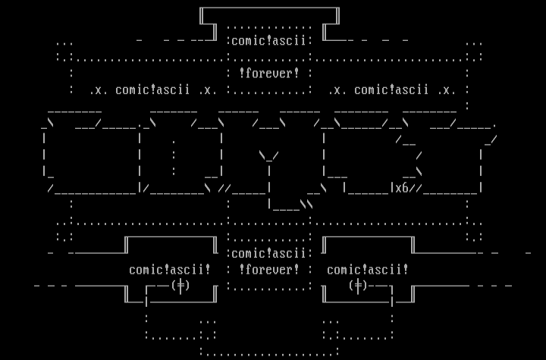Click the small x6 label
(401, 188)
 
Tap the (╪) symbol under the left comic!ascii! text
(180, 286)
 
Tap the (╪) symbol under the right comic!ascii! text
(358, 286)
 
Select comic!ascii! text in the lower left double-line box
(170, 269)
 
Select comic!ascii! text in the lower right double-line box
(368, 269)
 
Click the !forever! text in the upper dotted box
(269, 74)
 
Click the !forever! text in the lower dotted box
(269, 269)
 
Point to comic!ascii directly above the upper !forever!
(269, 41)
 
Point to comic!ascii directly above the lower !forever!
(269, 253)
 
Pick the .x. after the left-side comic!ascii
(208, 90)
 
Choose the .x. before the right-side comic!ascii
(338, 90)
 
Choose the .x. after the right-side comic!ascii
(447, 90)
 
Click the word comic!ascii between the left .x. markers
(153, 90)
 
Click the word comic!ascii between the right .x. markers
(391, 90)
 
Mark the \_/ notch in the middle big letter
(269, 156)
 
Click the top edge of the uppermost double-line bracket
(269, 8)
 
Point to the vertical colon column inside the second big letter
(174, 156)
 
